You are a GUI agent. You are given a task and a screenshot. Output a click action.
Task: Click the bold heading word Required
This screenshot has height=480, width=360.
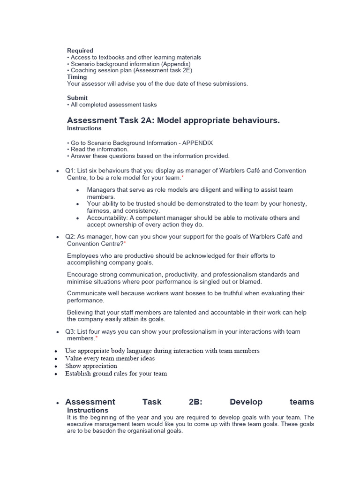[x=80, y=51]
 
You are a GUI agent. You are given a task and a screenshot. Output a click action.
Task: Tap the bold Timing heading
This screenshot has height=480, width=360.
[x=77, y=77]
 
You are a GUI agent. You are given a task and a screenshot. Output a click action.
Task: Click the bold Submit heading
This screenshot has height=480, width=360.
[x=77, y=98]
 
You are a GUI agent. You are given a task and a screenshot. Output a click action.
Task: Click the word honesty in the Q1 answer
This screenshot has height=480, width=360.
[x=293, y=204]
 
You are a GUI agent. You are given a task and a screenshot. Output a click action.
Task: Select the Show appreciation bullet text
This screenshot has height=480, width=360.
[x=91, y=366]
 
